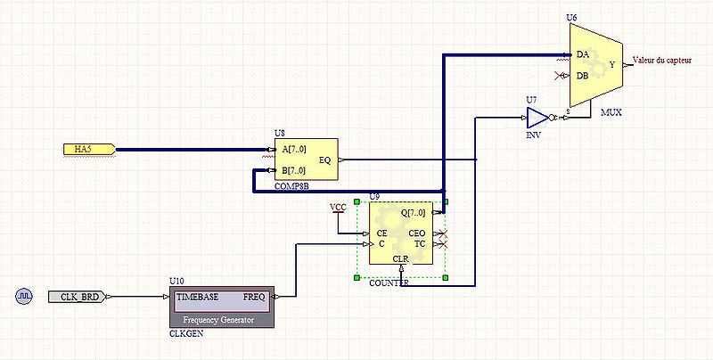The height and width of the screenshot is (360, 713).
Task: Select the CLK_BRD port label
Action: (x=78, y=297)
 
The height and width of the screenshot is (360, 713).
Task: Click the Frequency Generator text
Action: (x=218, y=320)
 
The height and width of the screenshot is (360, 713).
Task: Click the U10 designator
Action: (x=176, y=282)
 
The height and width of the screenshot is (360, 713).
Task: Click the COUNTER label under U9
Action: (x=389, y=282)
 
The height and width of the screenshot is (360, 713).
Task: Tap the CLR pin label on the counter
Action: (x=401, y=259)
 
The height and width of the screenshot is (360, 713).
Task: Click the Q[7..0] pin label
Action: (x=414, y=213)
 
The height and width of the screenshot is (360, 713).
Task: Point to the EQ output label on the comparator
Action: (x=324, y=160)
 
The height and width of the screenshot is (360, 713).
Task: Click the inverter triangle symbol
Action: (x=537, y=118)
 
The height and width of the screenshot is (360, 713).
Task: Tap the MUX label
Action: (x=611, y=113)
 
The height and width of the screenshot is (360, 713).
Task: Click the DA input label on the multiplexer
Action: (x=582, y=54)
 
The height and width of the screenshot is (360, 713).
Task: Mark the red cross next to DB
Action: (x=560, y=76)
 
